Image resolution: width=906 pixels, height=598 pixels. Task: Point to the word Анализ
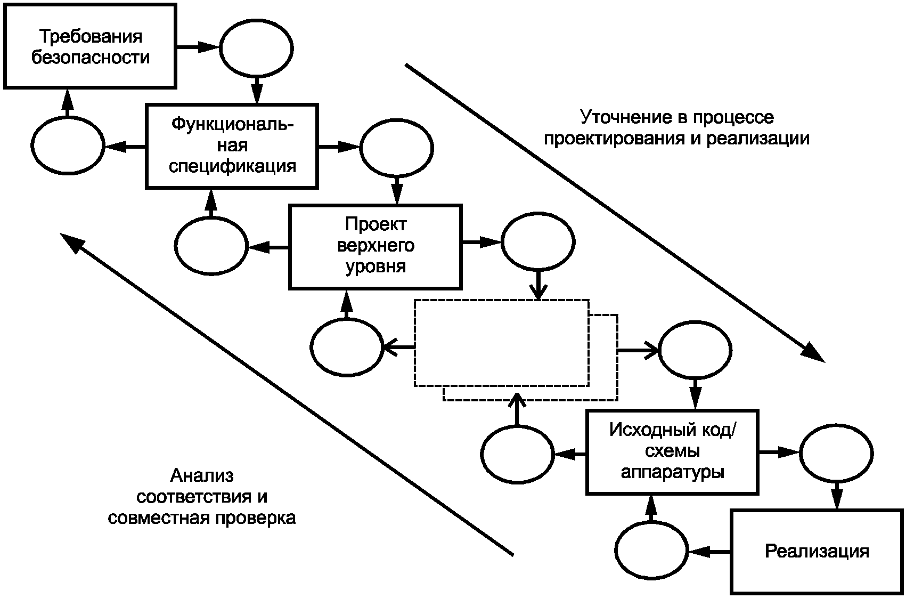pyautogui.click(x=202, y=476)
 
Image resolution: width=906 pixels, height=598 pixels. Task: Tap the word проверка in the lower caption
pyautogui.click(x=255, y=518)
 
